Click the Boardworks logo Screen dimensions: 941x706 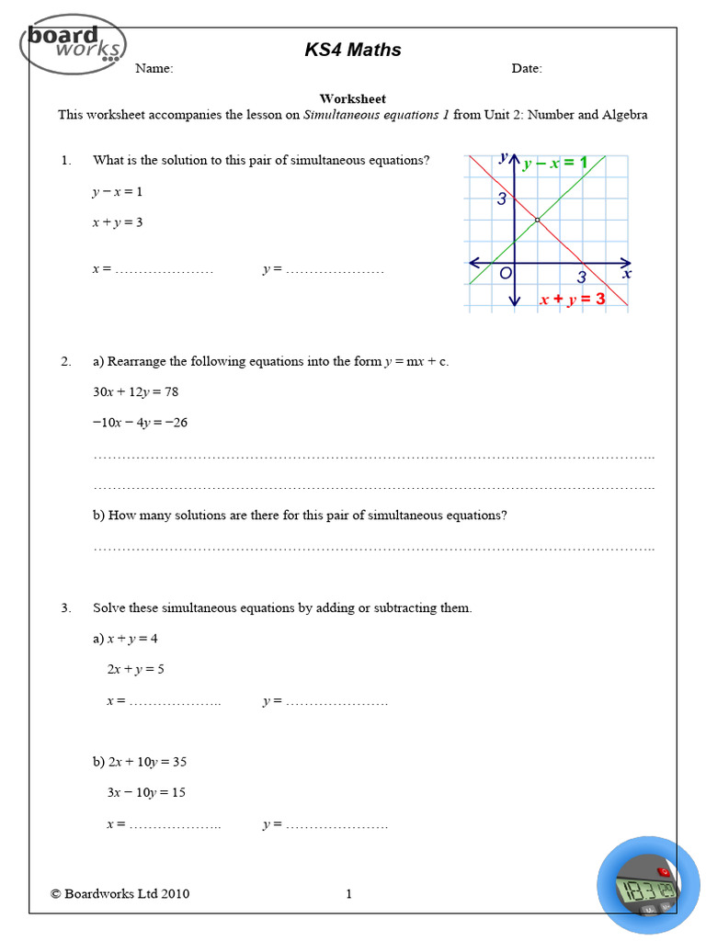click(x=74, y=42)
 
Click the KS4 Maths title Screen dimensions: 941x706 click(x=353, y=50)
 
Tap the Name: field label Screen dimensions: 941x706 click(x=154, y=69)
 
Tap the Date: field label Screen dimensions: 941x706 click(x=527, y=69)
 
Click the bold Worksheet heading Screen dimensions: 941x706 click(x=352, y=99)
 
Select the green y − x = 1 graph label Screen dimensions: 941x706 click(x=554, y=164)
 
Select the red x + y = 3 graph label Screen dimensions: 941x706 click(x=572, y=299)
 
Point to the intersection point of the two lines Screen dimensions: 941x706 click(x=537, y=220)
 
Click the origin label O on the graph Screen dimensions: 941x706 click(x=505, y=274)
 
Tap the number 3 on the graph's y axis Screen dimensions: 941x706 click(x=502, y=198)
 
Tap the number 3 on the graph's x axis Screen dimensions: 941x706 click(x=581, y=277)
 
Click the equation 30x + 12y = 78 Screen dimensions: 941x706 click(x=135, y=392)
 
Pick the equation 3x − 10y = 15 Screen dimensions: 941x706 click(x=146, y=792)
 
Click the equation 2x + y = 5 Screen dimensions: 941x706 click(x=135, y=669)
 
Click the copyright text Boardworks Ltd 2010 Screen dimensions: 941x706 click(x=120, y=893)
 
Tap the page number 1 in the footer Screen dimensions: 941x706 click(x=349, y=893)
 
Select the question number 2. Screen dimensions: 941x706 click(x=66, y=362)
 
